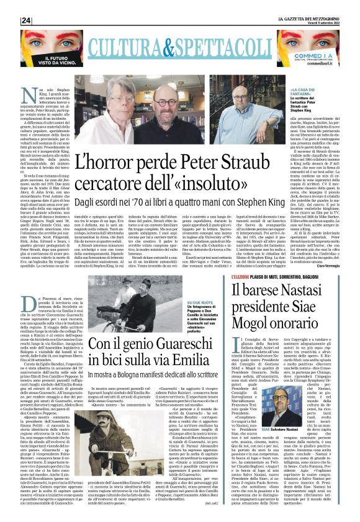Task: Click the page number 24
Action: [x=27, y=20]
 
